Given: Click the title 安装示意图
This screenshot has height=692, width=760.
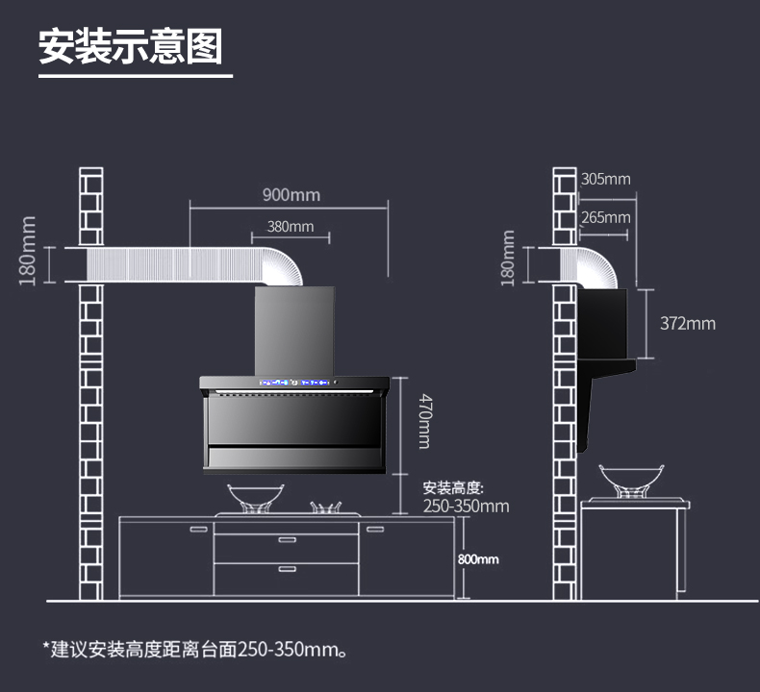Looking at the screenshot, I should pos(130,45).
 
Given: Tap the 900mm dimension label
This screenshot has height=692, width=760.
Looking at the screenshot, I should pos(291,195).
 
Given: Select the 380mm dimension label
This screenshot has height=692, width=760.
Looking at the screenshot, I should pos(290,227).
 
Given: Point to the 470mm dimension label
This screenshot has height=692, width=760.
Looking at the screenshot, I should pos(423,424).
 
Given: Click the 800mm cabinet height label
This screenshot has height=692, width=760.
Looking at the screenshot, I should pos(479,558).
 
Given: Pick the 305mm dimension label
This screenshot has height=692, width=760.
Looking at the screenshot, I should pos(606,179).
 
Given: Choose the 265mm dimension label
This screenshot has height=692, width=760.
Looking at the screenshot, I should pos(606,217).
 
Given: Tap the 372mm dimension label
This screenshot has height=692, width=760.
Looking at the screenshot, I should pos(687,323).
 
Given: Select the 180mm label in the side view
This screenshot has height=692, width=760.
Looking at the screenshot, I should pos(509,258).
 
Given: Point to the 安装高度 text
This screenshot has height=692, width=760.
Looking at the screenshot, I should pos(459,487).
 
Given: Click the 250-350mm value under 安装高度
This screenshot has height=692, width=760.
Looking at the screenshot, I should pos(466,506).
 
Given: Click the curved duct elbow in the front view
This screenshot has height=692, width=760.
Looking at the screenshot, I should pos(282,264).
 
